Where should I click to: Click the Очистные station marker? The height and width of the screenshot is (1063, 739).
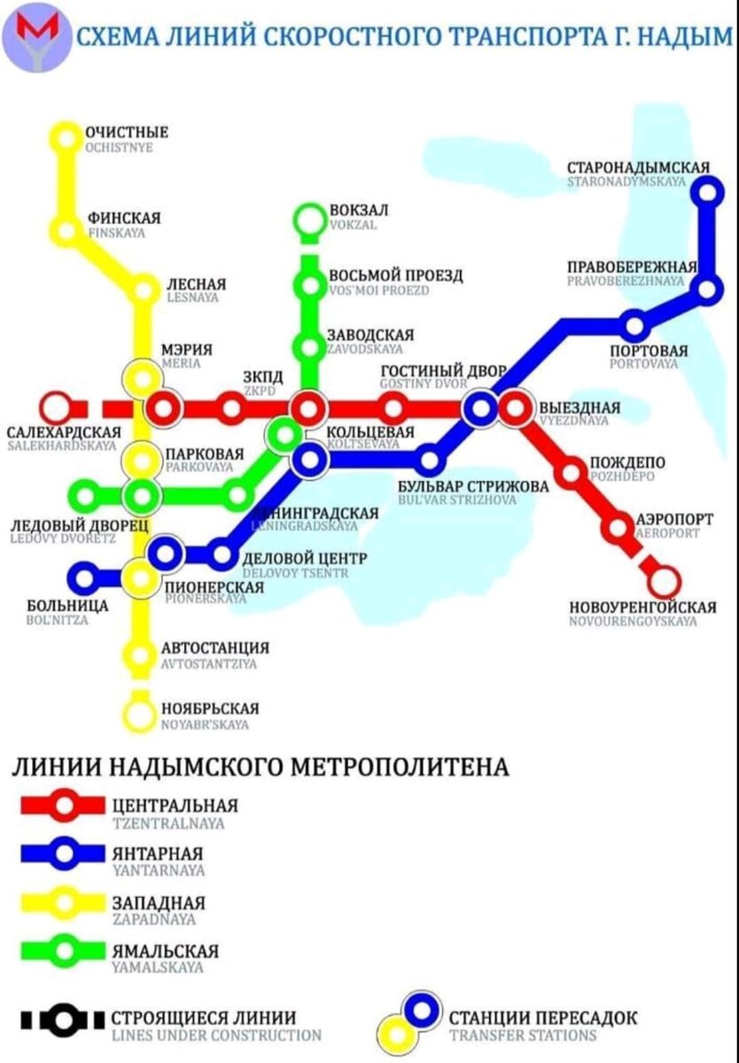coord(66,137)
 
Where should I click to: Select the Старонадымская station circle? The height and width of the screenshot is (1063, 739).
coord(707,190)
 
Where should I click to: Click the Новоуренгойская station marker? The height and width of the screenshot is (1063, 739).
coord(663,583)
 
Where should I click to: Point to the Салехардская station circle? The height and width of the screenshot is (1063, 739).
coord(57,408)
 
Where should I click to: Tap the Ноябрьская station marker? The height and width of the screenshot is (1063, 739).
coord(139,712)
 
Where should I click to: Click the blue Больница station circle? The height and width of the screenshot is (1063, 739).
coord(85,578)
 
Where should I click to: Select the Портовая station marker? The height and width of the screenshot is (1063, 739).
coord(634,326)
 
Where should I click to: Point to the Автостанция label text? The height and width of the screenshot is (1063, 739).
coord(215,648)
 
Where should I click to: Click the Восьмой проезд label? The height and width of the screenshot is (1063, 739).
coord(395,275)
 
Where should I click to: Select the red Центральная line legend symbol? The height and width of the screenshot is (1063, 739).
coord(65,805)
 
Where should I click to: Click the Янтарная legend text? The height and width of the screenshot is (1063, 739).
coord(159,853)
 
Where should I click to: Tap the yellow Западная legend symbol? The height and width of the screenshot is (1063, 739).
coord(65,903)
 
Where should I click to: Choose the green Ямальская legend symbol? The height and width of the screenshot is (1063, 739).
coord(65,951)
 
